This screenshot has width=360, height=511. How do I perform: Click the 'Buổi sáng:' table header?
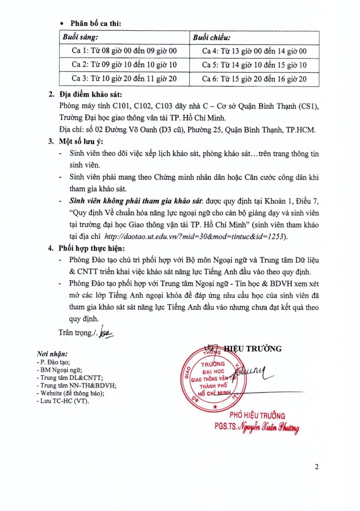81,38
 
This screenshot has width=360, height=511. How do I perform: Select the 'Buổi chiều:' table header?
211,38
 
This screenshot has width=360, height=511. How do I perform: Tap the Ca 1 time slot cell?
124,51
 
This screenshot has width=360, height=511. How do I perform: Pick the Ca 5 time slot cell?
254,65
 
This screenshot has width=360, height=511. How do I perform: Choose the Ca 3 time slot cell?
124,79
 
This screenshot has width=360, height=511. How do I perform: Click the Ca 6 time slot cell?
254,79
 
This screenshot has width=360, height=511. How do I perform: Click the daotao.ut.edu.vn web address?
195,236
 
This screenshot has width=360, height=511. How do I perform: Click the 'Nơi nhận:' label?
51,354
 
